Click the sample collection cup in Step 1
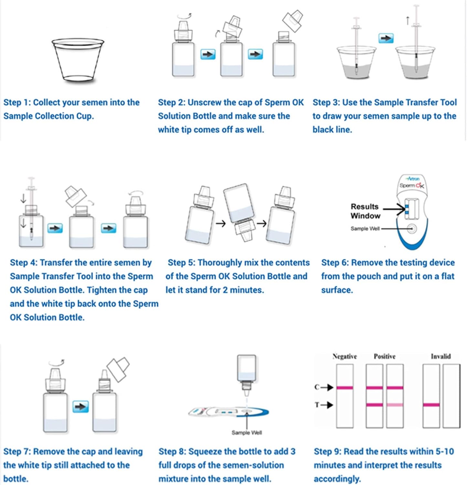point(78,59)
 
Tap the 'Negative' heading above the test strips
point(345,356)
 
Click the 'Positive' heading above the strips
point(384,356)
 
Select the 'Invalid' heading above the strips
point(440,356)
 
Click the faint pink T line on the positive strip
point(395,405)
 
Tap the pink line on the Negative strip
point(345,388)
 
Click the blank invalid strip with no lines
point(451,396)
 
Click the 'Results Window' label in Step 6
point(365,211)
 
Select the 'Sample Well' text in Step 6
point(365,229)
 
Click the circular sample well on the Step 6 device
point(411,229)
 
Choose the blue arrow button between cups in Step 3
point(386,38)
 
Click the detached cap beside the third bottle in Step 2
point(292,20)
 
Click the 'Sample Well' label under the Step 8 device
point(247,433)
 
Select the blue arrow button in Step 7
point(80,406)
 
